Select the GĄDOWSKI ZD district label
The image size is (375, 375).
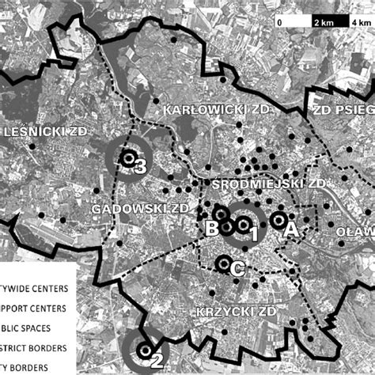[x=141, y=207]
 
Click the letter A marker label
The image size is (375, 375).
[x=290, y=229]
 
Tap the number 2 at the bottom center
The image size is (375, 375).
[x=157, y=362]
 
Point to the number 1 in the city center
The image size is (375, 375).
[x=255, y=235]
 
